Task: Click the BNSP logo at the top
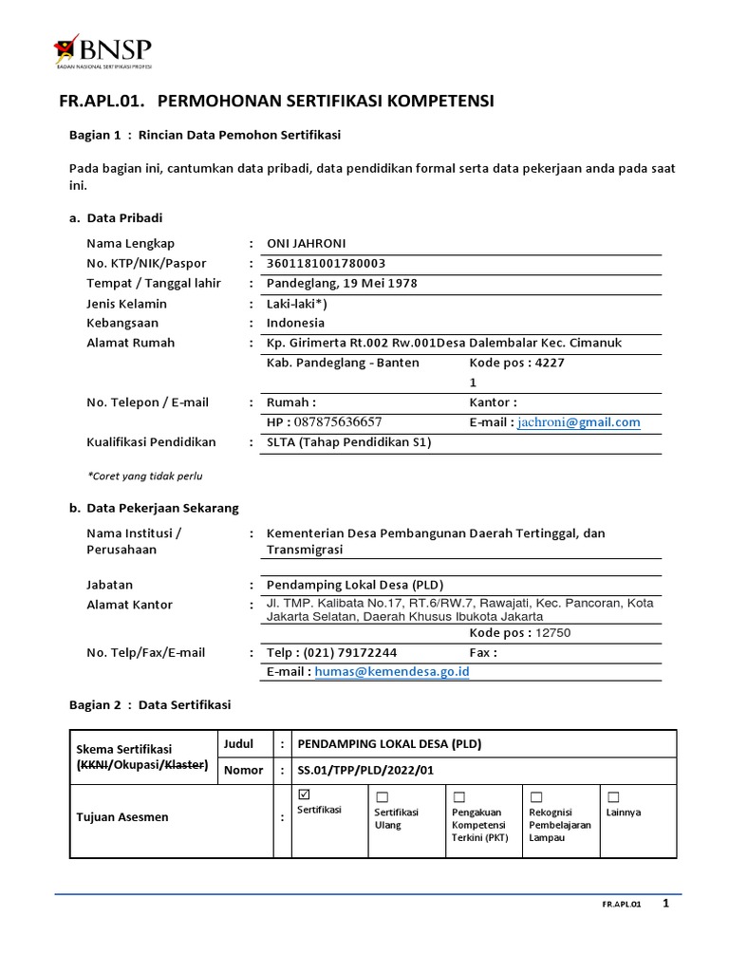coord(103,51)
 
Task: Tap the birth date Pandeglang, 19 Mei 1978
coord(342,283)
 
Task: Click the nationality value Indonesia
coord(295,323)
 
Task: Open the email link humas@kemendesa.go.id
coord(392,672)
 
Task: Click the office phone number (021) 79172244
coord(348,653)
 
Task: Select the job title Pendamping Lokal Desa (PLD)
coord(355,585)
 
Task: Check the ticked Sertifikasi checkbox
coord(304,794)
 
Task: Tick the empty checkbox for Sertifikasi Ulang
coord(382,796)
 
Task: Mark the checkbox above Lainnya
coord(613,796)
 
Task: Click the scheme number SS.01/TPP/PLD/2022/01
coord(365,770)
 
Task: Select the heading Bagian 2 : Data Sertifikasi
coord(149,704)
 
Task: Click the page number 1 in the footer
coord(665,904)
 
